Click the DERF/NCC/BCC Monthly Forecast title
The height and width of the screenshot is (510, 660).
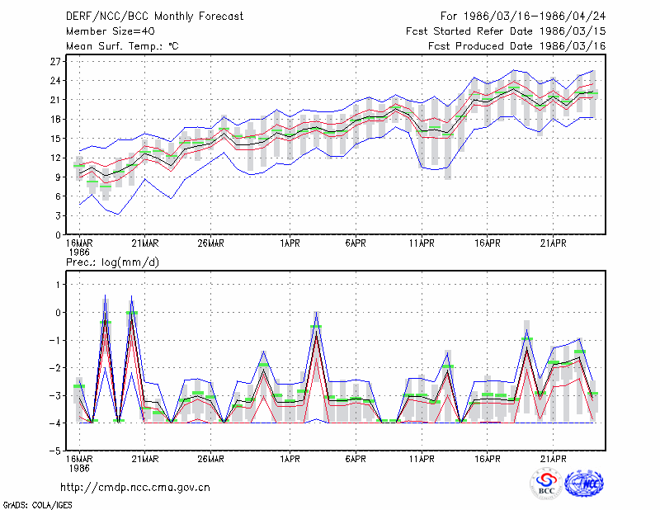[x=154, y=17]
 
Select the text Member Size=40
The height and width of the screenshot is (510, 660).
[x=111, y=31]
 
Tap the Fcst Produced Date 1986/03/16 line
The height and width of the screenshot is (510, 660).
[x=517, y=46]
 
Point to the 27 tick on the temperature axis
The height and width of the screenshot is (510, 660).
[x=55, y=62]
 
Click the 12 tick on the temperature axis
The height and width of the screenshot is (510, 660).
[x=55, y=158]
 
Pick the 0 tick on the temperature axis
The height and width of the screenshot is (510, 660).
[x=58, y=235]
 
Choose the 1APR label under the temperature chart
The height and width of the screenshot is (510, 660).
[x=290, y=243]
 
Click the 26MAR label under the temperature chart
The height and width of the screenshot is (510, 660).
[x=211, y=243]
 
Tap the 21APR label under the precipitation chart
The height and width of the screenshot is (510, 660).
[x=553, y=459]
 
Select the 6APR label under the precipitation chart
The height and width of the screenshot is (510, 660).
[x=356, y=459]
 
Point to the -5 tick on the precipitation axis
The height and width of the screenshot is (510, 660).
[x=55, y=451]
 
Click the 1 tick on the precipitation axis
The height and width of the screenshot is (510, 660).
[x=59, y=285]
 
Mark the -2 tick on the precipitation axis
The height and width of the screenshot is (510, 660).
[x=55, y=368]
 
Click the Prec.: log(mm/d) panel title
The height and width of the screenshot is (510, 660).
[x=112, y=262]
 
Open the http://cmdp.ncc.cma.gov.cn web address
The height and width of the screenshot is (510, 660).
[x=135, y=488]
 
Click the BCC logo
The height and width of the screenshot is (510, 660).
[x=546, y=484]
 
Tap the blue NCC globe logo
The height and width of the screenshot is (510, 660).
[x=584, y=484]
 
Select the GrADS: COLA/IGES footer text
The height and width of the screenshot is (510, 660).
[x=37, y=505]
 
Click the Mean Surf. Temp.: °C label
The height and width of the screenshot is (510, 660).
[x=122, y=46]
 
